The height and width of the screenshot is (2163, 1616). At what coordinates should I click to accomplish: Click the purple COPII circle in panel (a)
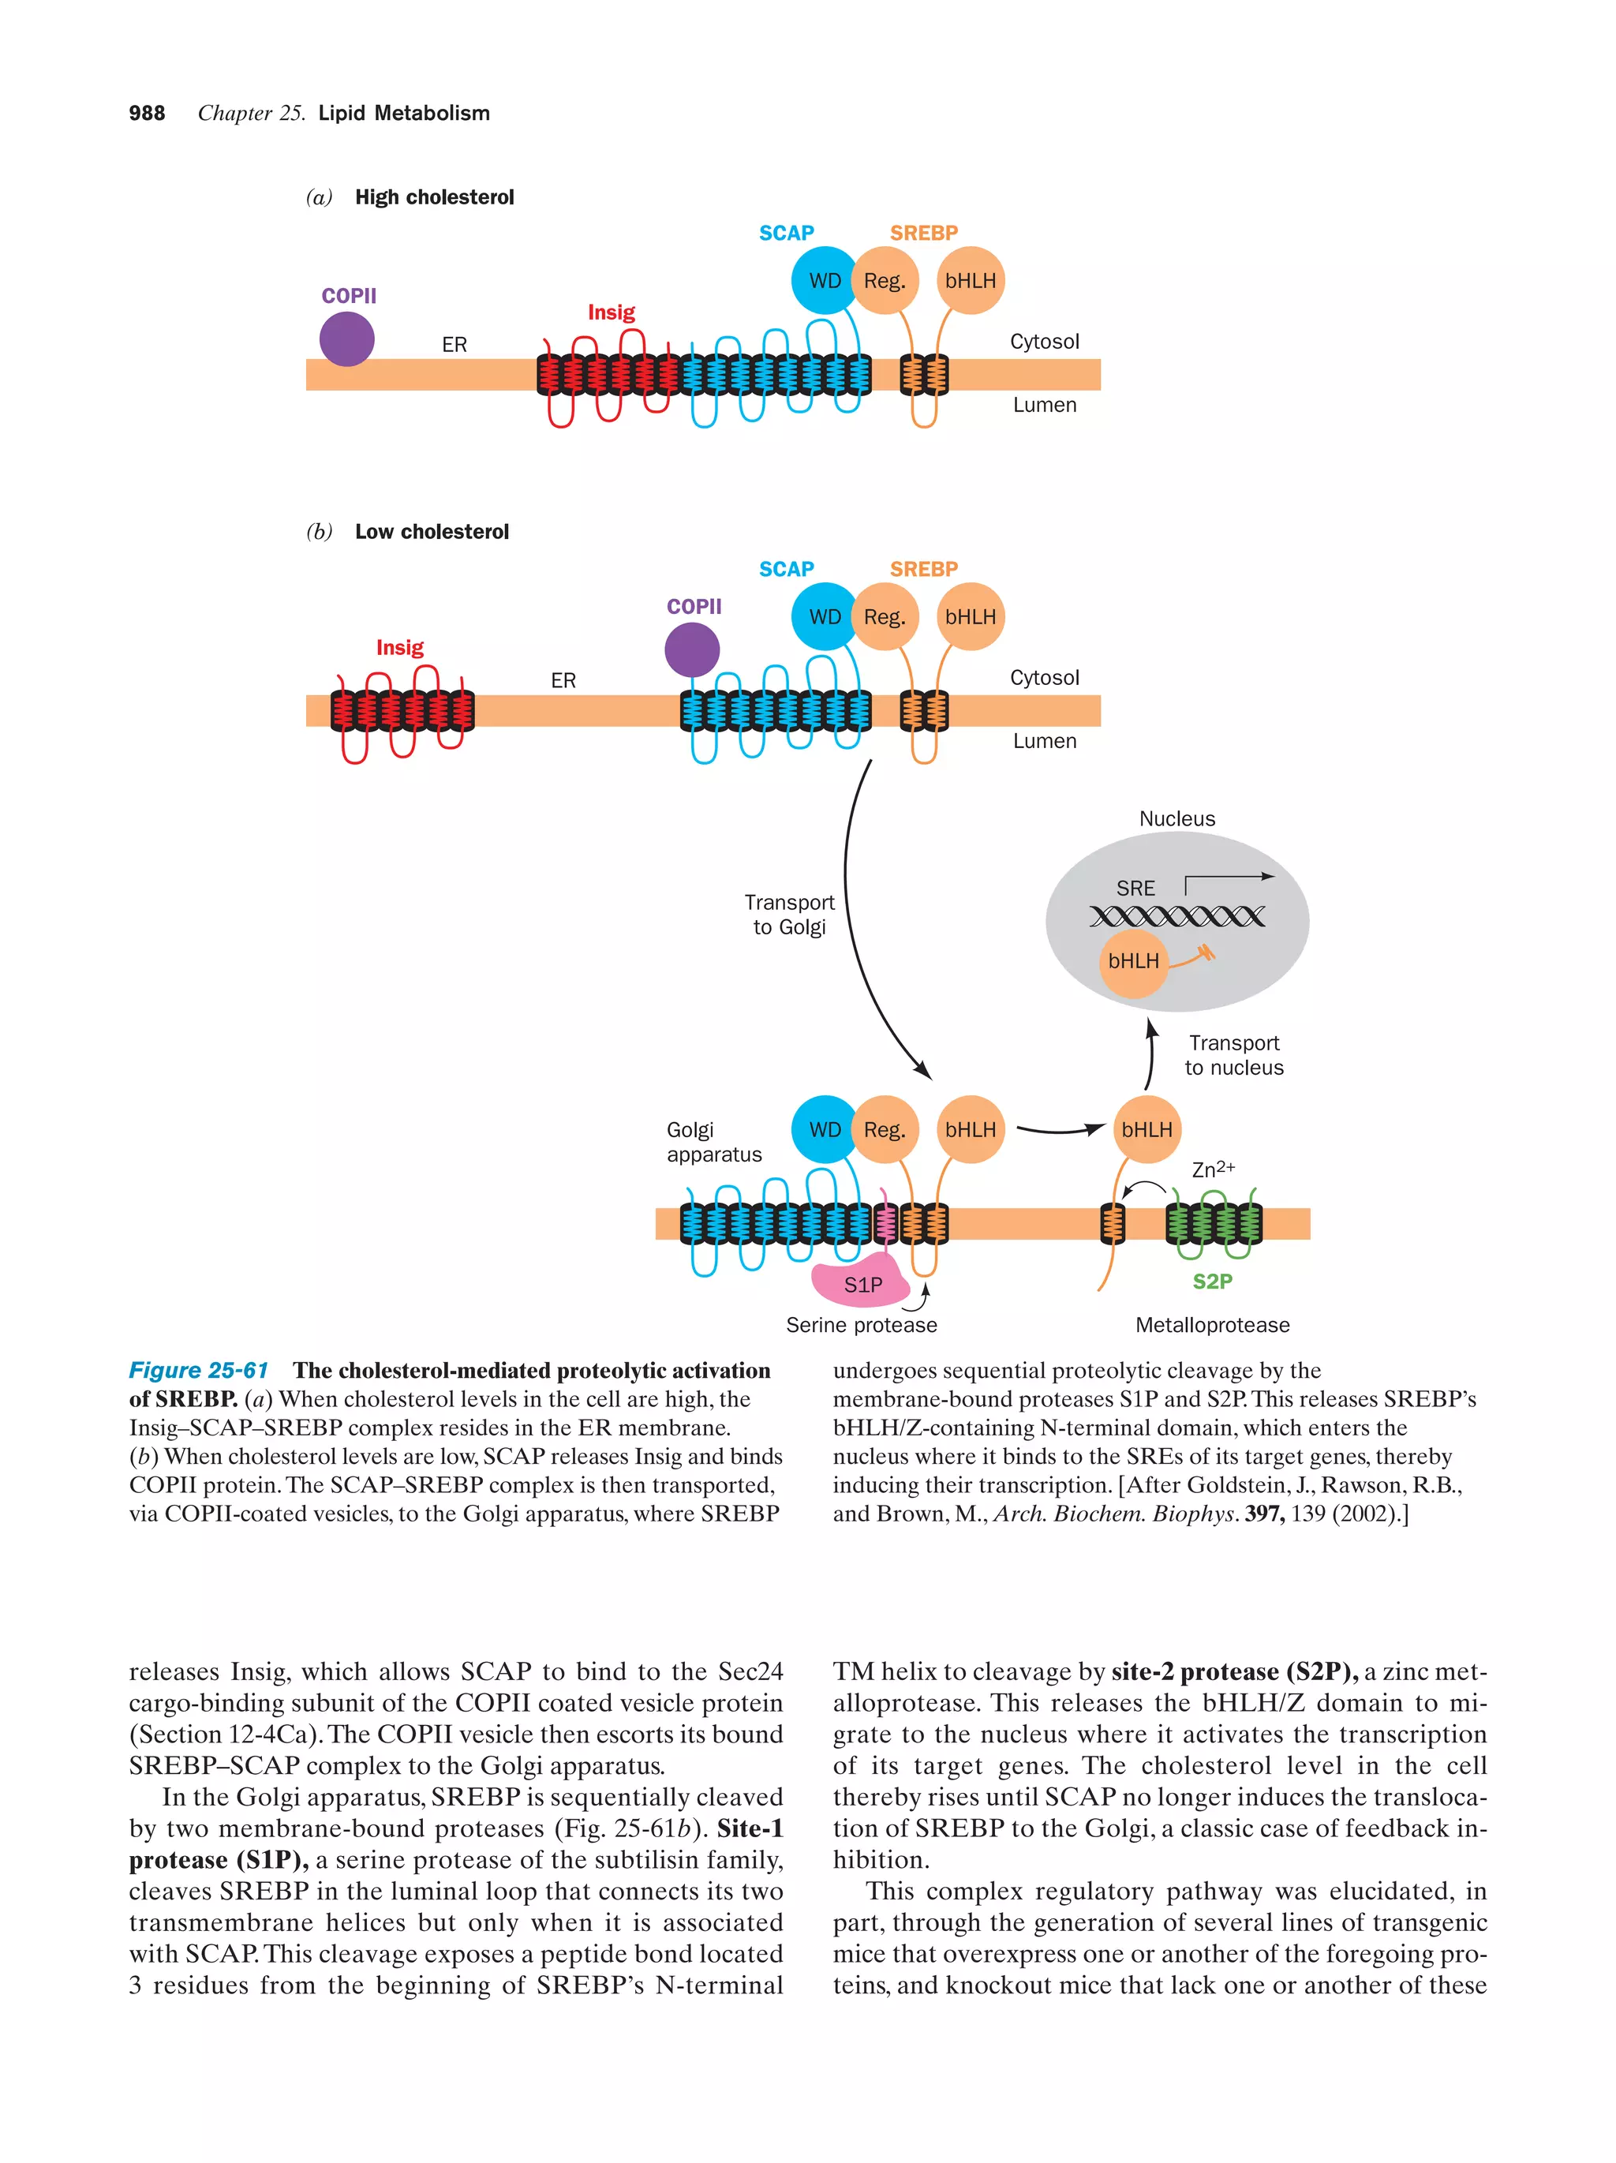pyautogui.click(x=346, y=339)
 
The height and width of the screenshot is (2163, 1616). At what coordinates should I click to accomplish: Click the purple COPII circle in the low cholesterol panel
pyautogui.click(x=691, y=649)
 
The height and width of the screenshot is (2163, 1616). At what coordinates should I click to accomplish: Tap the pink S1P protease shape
pyautogui.click(x=859, y=1283)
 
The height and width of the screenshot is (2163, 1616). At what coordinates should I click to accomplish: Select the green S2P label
pyautogui.click(x=1211, y=1281)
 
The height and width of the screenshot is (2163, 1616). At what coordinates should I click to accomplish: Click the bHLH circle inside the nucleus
pyautogui.click(x=1133, y=961)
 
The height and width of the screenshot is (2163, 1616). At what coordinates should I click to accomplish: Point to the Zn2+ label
pyautogui.click(x=1212, y=1169)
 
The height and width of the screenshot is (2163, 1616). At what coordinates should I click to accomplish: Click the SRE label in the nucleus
pyautogui.click(x=1135, y=888)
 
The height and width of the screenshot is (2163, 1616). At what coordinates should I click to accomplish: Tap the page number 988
pyautogui.click(x=147, y=114)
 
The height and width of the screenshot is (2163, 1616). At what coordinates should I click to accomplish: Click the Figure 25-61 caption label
pyautogui.click(x=199, y=1370)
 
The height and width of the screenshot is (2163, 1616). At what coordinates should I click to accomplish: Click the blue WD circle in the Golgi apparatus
pyautogui.click(x=823, y=1129)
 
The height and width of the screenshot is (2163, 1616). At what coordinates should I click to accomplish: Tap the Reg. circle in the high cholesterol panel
pyautogui.click(x=884, y=281)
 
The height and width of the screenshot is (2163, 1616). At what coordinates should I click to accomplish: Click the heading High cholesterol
pyautogui.click(x=434, y=197)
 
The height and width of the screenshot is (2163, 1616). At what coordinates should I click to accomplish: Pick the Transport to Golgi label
pyautogui.click(x=788, y=915)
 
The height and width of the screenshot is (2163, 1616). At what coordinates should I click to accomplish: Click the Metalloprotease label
pyautogui.click(x=1211, y=1325)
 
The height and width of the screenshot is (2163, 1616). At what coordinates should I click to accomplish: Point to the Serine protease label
pyautogui.click(x=860, y=1325)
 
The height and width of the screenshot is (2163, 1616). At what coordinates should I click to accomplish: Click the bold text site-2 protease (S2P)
pyautogui.click(x=1234, y=1671)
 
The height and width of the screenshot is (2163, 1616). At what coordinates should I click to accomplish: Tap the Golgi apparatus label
pyautogui.click(x=713, y=1142)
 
